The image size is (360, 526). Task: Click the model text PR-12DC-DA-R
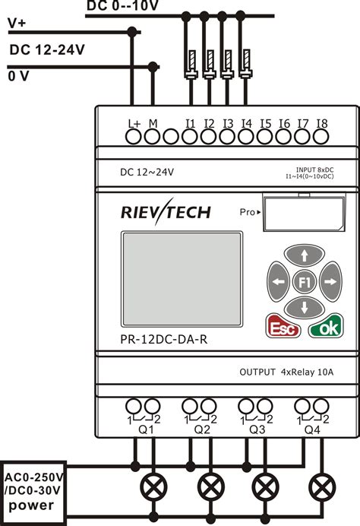(x=163, y=340)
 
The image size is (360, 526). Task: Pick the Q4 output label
(x=311, y=429)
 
